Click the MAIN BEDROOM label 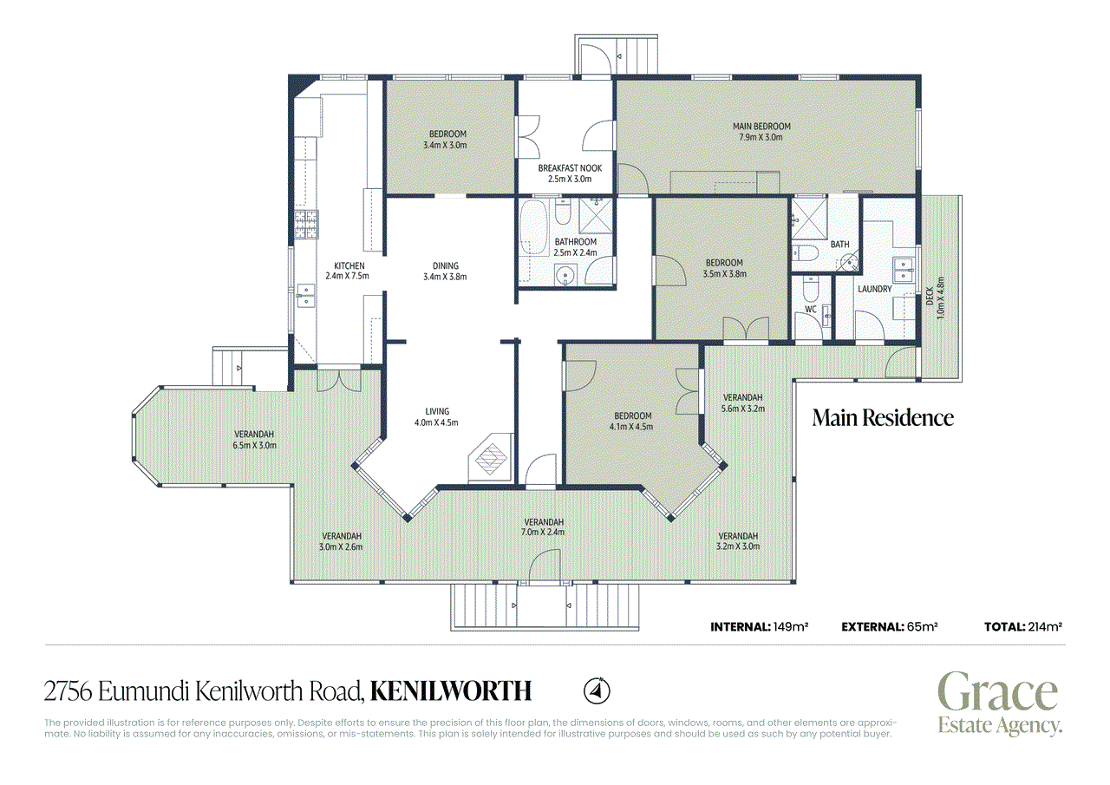coord(761,131)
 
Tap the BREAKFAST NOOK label coord(570,173)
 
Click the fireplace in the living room coord(491,457)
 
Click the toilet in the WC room coord(810,290)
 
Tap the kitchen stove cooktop coord(306,225)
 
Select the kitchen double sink coord(306,296)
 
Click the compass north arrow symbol coord(597,691)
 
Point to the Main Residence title coord(883,418)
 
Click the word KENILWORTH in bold coord(451,691)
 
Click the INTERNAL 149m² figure coord(759,627)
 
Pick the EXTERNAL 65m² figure coord(890,627)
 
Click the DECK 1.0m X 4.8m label coord(935,298)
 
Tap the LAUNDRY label coord(875,289)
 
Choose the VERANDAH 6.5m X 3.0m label coord(254,440)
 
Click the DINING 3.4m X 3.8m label coord(445,271)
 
